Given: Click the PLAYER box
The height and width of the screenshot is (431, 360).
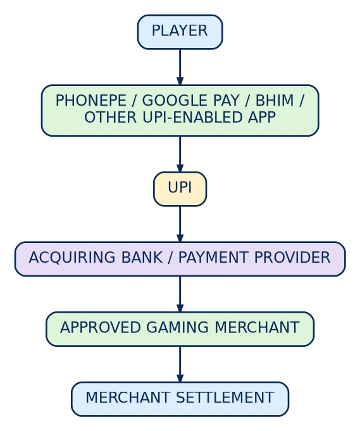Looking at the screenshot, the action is (x=180, y=32).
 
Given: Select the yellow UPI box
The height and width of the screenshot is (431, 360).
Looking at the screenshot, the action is (x=180, y=189).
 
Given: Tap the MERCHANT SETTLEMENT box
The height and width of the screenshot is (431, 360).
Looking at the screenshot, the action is (x=180, y=399).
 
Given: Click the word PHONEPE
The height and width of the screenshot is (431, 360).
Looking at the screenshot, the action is (x=91, y=101).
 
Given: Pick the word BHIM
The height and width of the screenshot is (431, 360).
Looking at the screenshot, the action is (x=275, y=101).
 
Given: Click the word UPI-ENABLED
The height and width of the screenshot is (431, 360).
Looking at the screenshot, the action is (x=192, y=118).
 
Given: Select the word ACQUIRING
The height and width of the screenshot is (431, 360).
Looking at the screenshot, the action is (x=72, y=258).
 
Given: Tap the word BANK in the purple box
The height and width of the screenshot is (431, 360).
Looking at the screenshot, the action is (x=142, y=258).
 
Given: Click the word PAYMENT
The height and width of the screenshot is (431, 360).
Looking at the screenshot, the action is (x=213, y=258).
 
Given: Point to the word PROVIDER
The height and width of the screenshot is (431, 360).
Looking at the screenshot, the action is (x=292, y=258).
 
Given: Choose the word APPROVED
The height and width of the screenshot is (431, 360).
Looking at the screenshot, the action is (x=101, y=328).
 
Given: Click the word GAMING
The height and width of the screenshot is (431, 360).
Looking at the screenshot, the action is (x=177, y=328).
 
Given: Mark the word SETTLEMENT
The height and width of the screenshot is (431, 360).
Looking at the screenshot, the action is (x=225, y=397).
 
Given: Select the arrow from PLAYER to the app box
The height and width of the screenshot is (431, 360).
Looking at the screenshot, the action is (x=180, y=67).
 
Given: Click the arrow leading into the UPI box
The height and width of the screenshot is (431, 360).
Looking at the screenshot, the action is (x=180, y=154).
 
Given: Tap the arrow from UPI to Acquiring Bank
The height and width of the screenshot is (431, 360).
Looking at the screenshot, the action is (x=180, y=224).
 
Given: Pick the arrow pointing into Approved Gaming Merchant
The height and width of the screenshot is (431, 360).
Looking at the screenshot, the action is (x=180, y=294).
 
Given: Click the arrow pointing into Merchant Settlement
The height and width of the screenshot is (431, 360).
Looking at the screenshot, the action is (x=180, y=365).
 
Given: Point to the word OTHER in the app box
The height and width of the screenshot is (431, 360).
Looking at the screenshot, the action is (x=111, y=118).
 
